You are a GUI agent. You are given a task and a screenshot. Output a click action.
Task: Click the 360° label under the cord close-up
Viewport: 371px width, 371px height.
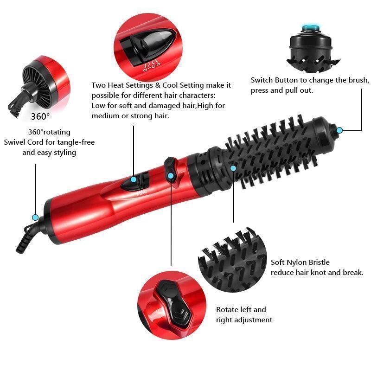40,116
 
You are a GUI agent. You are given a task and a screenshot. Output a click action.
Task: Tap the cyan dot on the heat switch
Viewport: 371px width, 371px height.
134,179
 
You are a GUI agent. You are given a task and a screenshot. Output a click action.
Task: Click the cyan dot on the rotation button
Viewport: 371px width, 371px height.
171,175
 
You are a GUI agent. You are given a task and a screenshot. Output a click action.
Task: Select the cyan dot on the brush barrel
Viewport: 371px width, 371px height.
233,168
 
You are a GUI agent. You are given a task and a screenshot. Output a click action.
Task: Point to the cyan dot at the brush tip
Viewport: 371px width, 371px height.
339,130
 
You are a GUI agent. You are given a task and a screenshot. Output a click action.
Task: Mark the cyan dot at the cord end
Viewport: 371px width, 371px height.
35,217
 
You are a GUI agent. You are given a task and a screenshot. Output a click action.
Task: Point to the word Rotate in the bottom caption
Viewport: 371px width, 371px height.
228,309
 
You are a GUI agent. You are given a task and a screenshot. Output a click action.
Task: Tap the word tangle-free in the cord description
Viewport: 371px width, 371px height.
77,142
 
